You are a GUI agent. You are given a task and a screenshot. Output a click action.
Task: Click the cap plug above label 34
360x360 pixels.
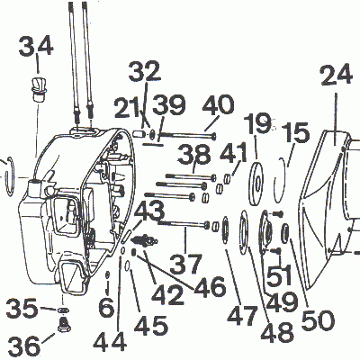click(x=37, y=88)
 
